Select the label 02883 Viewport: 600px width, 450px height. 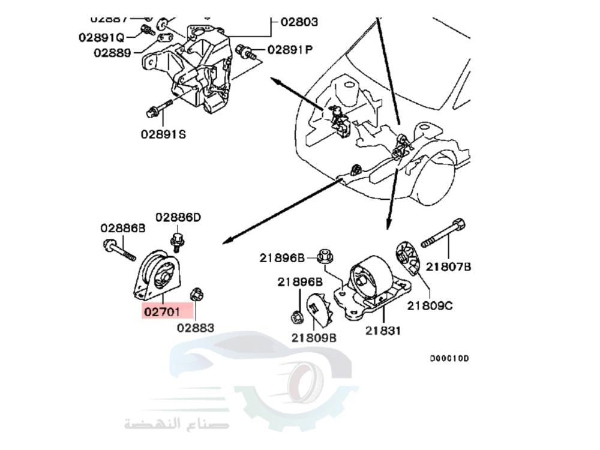(195, 328)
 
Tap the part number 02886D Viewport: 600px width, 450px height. (178, 217)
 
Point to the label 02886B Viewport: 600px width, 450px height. (123, 228)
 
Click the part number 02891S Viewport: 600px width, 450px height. (163, 134)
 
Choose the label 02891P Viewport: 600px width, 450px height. (290, 50)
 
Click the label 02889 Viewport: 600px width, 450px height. (112, 52)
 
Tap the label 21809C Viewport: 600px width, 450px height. (430, 305)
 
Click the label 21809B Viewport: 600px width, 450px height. (314, 338)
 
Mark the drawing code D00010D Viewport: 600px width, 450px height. (449, 359)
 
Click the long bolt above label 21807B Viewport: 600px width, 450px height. (443, 235)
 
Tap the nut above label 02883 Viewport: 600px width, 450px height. (195, 294)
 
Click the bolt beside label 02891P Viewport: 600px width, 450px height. (247, 52)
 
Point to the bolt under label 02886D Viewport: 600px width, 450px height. (177, 242)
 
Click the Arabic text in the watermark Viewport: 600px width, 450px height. (167, 425)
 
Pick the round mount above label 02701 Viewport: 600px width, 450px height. (158, 275)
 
